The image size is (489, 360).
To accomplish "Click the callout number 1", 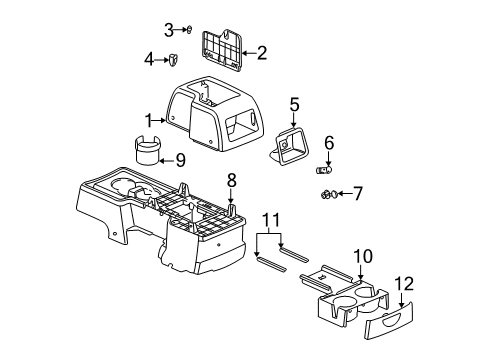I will point(147,120).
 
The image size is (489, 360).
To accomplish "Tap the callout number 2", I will point(262,53).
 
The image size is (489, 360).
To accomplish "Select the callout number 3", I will point(169,28).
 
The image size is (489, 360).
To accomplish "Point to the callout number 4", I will point(150,59).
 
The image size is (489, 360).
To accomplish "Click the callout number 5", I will point(294,103).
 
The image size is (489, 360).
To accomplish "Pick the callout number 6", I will point(328,143).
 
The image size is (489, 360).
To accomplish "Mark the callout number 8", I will point(231,180).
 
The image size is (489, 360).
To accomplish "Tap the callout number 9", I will point(180,158).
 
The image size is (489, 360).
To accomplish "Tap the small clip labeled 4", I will point(172,61).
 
